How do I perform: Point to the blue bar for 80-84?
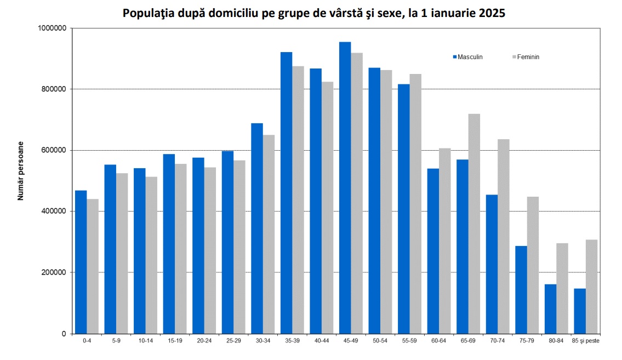click(x=550, y=309)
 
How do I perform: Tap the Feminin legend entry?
click(x=526, y=57)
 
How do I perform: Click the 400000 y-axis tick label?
click(x=53, y=212)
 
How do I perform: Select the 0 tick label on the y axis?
click(x=64, y=334)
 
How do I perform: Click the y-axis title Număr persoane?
click(x=21, y=170)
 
